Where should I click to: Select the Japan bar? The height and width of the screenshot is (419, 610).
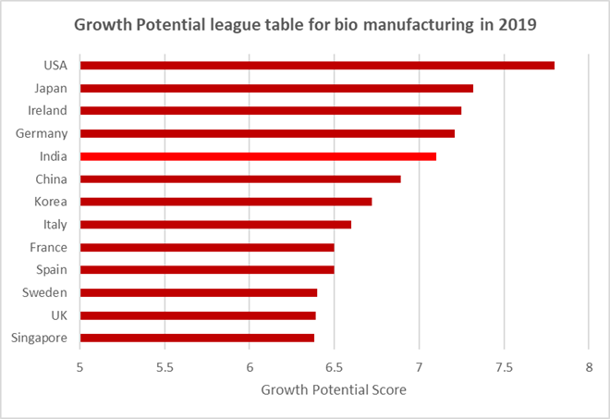click(x=276, y=88)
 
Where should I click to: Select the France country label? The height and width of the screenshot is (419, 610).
click(x=48, y=247)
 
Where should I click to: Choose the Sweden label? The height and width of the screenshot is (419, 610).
click(x=45, y=292)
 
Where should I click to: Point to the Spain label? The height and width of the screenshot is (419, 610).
click(x=50, y=270)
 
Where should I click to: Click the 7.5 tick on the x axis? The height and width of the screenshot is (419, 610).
click(x=504, y=366)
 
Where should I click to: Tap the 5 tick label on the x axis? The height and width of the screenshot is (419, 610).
click(x=80, y=366)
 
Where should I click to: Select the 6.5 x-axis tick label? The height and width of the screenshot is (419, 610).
click(x=334, y=366)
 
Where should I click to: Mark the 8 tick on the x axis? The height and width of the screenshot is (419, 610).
click(x=589, y=366)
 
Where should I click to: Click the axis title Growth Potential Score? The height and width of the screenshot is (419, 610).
click(x=334, y=390)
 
